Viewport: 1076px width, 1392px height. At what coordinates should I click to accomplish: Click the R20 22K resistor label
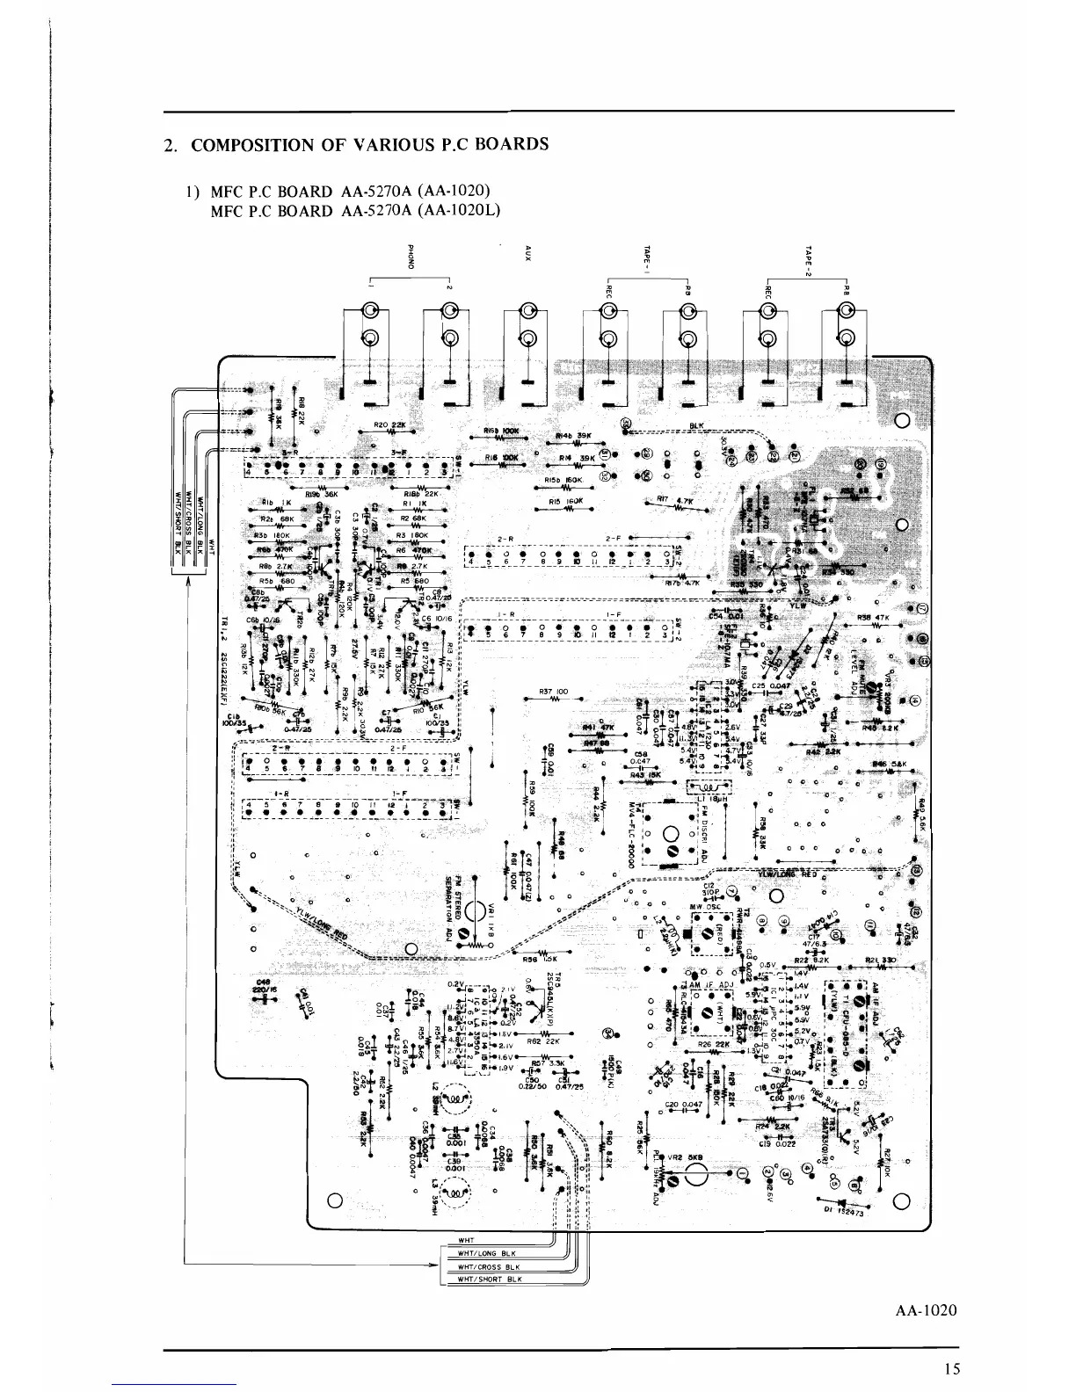(x=388, y=424)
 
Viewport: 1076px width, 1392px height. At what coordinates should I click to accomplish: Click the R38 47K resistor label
(x=873, y=616)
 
